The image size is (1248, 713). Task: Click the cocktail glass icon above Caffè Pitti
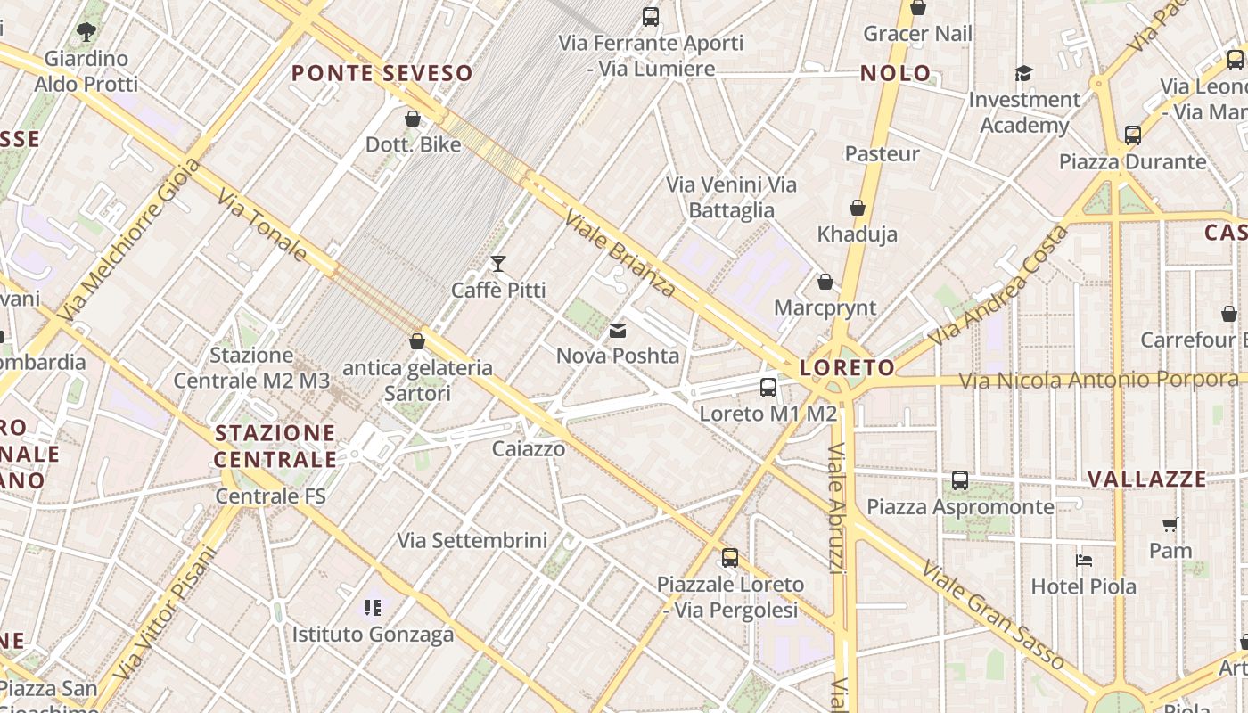[498, 264]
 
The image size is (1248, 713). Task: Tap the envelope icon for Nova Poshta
[617, 331]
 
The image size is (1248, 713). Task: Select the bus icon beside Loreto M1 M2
[768, 388]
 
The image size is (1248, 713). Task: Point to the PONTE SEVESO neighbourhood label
[382, 73]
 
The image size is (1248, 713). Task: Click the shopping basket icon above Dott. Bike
[413, 119]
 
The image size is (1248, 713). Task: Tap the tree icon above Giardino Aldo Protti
[86, 33]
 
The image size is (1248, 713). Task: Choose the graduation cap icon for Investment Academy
[1023, 73]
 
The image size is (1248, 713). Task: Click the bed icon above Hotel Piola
[1084, 561]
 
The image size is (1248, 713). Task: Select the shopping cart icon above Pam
[1170, 525]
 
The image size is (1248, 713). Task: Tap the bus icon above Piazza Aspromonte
[960, 480]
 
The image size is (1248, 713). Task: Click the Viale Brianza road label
[620, 252]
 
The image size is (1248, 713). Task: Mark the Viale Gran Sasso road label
[993, 615]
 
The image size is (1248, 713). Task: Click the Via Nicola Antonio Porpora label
[1098, 381]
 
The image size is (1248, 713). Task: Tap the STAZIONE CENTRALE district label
[275, 447]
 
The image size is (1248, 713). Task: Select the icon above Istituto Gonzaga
[373, 608]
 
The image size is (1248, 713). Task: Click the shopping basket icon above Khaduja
[858, 209]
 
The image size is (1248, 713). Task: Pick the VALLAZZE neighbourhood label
[1147, 479]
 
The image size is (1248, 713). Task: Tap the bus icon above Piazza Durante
[1133, 135]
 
